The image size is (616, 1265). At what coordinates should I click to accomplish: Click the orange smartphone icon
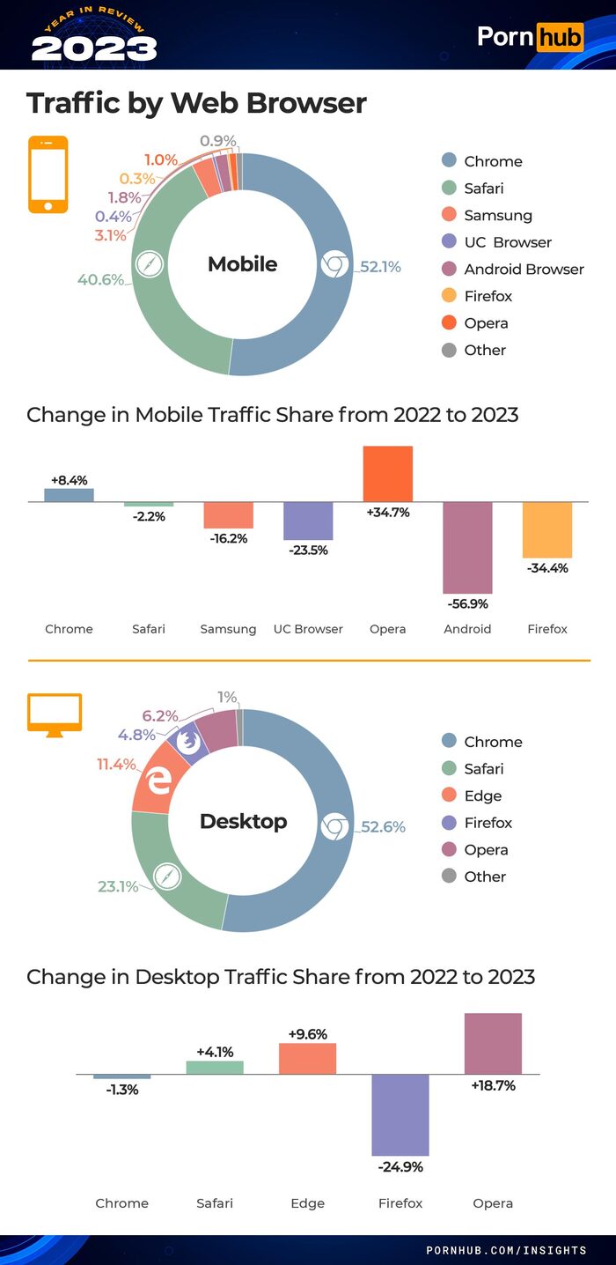coord(48,174)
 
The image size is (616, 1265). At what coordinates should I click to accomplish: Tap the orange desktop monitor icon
coord(55,714)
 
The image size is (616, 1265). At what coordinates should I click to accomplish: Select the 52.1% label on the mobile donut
coord(380,266)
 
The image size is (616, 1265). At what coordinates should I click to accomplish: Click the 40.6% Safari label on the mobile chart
coord(100,280)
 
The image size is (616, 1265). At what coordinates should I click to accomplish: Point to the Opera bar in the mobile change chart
coord(387,474)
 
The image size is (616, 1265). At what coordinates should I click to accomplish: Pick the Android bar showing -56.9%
coord(467,547)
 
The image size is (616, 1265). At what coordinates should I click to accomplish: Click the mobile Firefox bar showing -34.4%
coord(547,529)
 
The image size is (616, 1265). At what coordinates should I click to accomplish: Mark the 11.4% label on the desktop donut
coord(115,764)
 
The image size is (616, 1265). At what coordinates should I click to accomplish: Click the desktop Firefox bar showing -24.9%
coord(400,1114)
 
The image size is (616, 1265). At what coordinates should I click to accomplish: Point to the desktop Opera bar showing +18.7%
coord(493,1043)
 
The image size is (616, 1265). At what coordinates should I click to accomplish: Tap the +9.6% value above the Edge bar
coord(307,1034)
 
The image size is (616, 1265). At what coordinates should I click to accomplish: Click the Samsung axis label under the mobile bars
coord(228,629)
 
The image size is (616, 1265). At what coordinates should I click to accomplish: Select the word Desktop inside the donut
coord(243,821)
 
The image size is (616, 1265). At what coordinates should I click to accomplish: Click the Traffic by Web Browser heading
coord(196,103)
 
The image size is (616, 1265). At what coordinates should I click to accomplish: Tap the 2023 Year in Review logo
coord(93,34)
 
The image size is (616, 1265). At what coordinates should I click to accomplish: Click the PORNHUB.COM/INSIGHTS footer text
coord(506,1250)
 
